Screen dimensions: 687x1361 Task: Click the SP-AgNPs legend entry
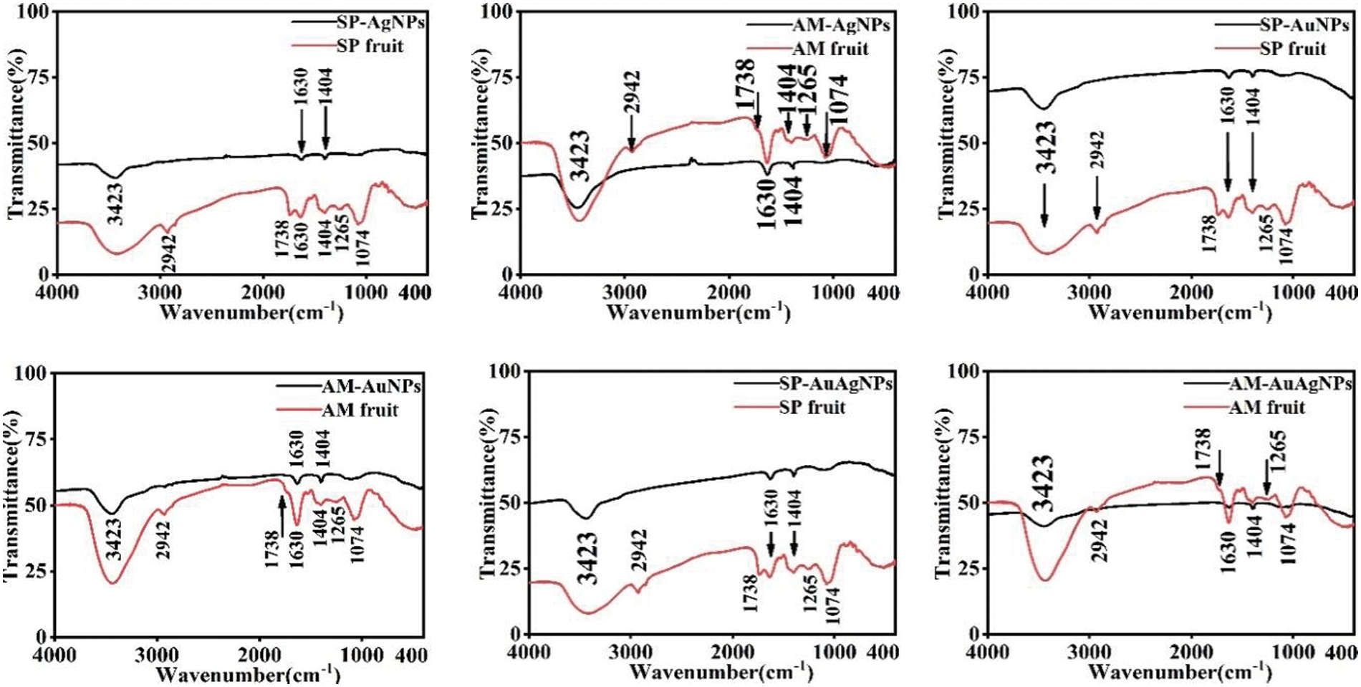pos(380,22)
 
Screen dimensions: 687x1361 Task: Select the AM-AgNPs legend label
pos(840,25)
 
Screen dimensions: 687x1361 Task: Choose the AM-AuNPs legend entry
pos(370,387)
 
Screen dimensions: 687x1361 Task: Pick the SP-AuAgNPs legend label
pos(835,384)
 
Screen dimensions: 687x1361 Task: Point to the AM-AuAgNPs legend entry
pos(1290,384)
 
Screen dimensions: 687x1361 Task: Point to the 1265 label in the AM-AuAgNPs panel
pos(1279,450)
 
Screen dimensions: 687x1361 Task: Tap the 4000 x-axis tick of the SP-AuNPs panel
pos(988,292)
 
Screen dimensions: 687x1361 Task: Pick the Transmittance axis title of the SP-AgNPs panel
pos(16,134)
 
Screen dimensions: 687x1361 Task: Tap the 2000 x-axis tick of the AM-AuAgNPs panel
pos(1192,652)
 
